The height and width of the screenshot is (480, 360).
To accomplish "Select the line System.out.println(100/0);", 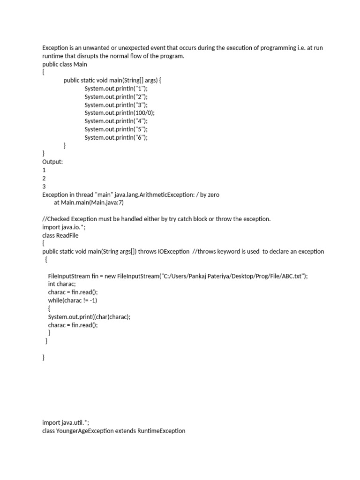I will (120, 113).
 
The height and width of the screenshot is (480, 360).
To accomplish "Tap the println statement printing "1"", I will (116, 88).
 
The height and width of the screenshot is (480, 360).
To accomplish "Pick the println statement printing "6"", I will (116, 137).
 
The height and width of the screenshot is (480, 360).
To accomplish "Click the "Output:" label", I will (52, 162).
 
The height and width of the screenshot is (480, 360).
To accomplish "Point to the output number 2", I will (44, 178).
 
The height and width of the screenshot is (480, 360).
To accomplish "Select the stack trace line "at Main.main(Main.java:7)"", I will (89, 202).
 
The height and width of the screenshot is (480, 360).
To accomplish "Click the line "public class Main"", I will (65, 64).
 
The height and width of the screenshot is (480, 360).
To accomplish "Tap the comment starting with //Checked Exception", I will (156, 219).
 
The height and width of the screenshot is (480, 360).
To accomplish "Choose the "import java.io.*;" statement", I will (64, 227).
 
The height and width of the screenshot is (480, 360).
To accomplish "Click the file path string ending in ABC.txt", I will (234, 276).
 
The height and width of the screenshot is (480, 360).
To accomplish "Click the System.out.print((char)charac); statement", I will (89, 317).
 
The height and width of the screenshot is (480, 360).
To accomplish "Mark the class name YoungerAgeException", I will (84, 431).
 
